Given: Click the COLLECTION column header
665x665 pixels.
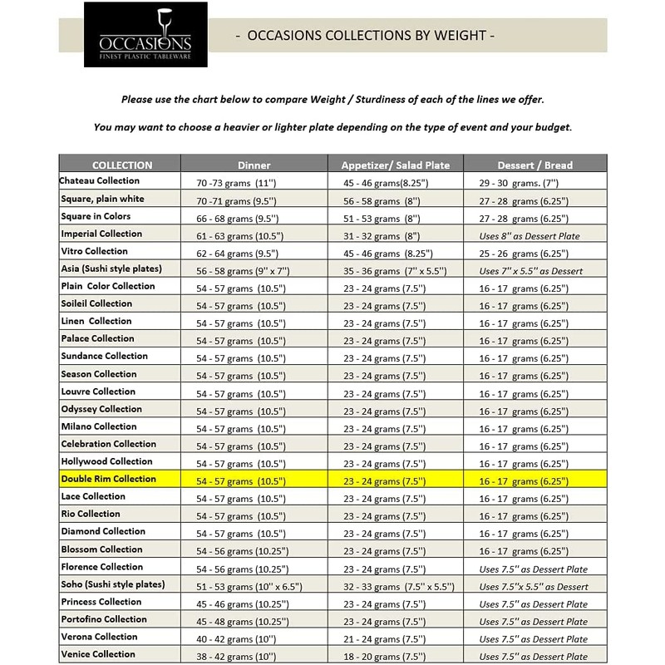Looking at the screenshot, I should (122, 165).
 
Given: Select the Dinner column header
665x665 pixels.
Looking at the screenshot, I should (254, 165).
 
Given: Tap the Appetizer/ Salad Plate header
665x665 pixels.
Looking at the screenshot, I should (396, 165).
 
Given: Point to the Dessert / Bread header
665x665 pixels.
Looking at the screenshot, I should (534, 165).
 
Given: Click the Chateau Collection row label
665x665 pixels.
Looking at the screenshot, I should (100, 180).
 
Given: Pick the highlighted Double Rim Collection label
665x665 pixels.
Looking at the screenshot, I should (108, 479).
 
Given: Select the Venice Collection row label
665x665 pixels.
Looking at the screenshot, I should (98, 654).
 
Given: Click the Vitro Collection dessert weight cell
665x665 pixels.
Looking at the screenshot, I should (524, 254).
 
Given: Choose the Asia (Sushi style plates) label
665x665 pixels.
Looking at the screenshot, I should (111, 268).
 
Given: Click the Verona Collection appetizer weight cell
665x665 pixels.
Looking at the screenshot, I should (384, 639).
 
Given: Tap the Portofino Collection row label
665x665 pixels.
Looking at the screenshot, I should (104, 619).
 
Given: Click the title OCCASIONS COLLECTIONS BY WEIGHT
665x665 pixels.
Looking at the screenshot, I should (366, 36).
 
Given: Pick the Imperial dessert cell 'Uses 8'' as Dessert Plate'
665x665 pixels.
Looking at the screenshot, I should (530, 236).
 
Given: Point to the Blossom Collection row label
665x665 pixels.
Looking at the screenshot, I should (101, 549).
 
